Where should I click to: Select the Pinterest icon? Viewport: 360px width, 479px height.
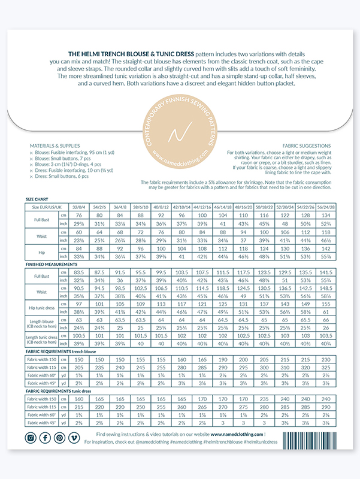[x=60, y=437]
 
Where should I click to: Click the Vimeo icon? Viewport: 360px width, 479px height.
[x=74, y=437]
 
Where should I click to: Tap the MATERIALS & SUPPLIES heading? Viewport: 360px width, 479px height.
[x=55, y=145]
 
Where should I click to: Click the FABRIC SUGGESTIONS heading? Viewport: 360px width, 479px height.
[x=305, y=145]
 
